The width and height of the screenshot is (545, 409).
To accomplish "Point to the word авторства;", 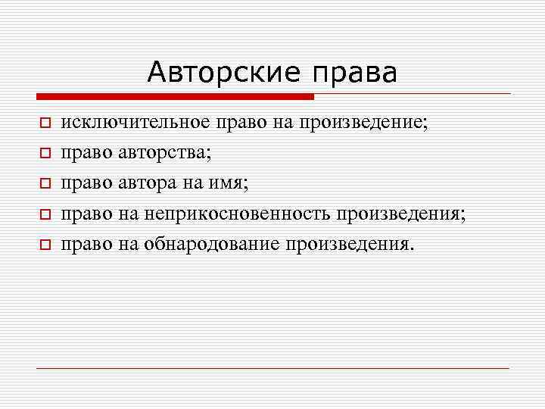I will click(x=165, y=153).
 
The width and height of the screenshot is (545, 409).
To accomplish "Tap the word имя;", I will click(x=229, y=184).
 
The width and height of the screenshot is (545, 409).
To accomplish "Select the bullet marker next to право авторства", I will click(x=45, y=153).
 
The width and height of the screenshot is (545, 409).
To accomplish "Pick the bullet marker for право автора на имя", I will click(x=45, y=184).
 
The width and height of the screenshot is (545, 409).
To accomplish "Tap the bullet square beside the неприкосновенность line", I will click(x=45, y=215).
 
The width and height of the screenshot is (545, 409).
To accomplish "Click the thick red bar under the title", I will click(x=174, y=96).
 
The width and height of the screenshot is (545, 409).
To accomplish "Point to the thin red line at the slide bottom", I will click(x=272, y=368).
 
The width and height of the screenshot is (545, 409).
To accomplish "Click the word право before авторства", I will click(x=87, y=153).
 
